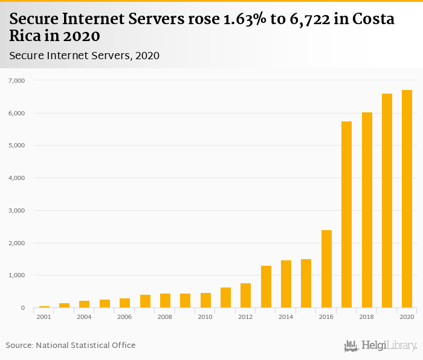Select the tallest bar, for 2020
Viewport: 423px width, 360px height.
(407, 199)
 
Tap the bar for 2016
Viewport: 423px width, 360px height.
(326, 269)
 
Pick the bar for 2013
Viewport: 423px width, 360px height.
(266, 287)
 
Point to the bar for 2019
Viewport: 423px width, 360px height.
(387, 201)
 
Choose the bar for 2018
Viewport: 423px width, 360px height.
(367, 210)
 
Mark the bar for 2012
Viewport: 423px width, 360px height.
(245, 295)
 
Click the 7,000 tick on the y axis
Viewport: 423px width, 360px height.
(16, 80)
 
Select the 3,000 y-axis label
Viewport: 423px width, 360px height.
(16, 211)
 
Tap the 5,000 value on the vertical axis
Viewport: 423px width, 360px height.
(16, 146)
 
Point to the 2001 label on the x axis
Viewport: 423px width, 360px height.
(44, 317)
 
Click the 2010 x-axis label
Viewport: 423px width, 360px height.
(205, 317)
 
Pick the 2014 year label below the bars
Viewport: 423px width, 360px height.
(286, 317)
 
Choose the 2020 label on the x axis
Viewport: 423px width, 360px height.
(407, 317)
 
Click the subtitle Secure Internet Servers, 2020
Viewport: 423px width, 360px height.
(84, 56)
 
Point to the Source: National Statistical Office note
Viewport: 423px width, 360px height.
(71, 346)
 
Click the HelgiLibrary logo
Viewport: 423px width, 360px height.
(381, 346)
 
